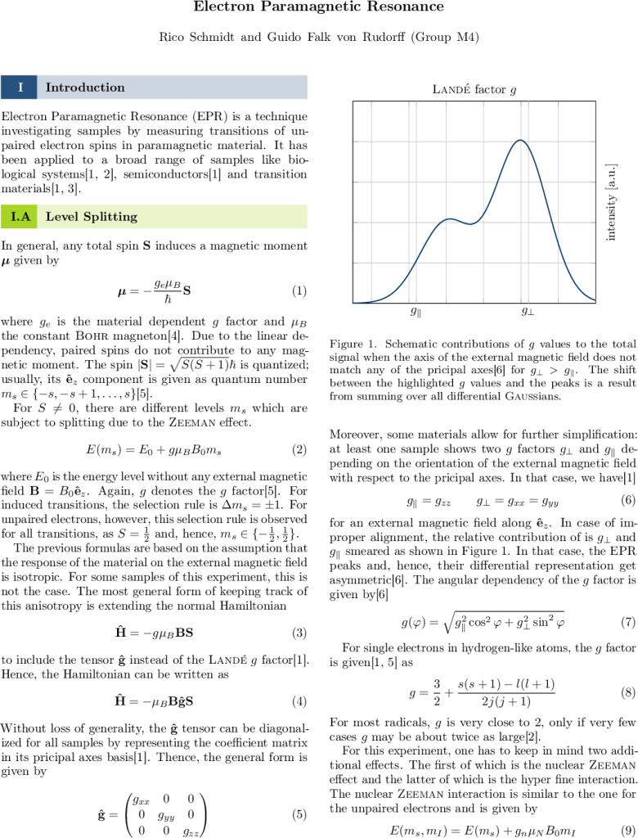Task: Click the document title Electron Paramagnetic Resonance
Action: (x=318, y=7)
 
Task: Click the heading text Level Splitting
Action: (x=92, y=217)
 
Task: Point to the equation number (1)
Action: (x=299, y=291)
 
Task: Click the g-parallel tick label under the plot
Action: (x=416, y=312)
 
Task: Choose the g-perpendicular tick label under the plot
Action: (x=527, y=312)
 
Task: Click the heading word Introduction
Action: (x=85, y=88)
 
